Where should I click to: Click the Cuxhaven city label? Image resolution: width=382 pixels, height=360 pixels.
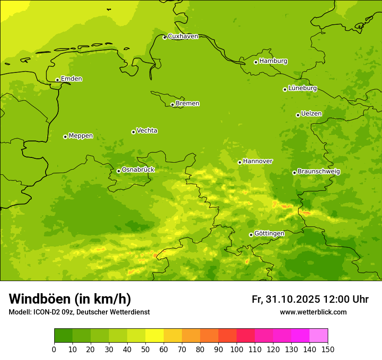tap(183, 36)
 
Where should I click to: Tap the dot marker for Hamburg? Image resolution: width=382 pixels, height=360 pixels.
tap(256, 62)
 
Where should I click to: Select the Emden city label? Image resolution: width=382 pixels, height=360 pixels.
tap(71, 79)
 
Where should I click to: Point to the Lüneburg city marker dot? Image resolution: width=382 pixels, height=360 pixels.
tap(285, 89)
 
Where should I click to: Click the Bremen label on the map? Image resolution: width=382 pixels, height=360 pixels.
tap(187, 104)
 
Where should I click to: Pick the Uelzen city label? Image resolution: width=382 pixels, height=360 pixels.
tap(311, 114)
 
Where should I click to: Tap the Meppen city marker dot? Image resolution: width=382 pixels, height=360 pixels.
tap(65, 137)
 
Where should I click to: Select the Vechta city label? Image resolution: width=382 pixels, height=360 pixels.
tap(147, 131)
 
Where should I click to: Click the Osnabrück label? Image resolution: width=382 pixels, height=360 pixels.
tap(138, 170)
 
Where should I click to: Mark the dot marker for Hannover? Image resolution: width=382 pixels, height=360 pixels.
tap(240, 162)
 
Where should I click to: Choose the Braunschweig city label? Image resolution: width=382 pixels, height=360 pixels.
tap(319, 172)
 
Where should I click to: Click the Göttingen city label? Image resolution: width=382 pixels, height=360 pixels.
tap(269, 234)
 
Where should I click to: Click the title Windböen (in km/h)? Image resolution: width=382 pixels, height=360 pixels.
tap(70, 299)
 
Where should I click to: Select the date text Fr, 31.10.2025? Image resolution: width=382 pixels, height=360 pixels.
tap(286, 299)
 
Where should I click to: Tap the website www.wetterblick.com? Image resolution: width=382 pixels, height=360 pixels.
tap(313, 312)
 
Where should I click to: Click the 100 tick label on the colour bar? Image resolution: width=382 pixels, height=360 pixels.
tap(237, 349)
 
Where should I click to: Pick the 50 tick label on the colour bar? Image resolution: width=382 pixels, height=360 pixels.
tap(145, 349)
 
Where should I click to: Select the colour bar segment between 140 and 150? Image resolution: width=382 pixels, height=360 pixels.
tap(319, 336)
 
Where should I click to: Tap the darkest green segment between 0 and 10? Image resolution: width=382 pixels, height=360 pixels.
tap(63, 336)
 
